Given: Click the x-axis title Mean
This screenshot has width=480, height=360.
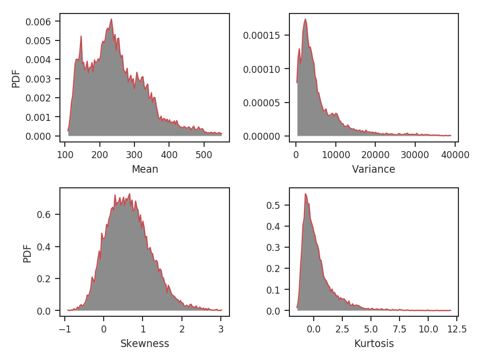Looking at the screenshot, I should pos(145,169).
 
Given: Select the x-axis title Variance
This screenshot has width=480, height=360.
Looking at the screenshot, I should pos(374,169).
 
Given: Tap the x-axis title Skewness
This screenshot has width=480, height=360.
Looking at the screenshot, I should pos(145,344).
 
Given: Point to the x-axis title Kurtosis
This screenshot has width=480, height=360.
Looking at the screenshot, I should pos(374,344).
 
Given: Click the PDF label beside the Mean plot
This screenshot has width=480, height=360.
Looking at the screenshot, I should pos(16,78).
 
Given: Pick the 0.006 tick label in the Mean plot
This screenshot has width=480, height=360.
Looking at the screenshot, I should pos(38,22).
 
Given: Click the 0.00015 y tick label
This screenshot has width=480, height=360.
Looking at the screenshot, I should pos(263,36).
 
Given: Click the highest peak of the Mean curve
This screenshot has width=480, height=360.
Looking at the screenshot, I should pos(111,19).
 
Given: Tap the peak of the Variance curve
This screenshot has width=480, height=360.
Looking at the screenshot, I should pos(306,19).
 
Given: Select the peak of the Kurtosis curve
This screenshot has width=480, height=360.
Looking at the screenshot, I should pos(306,194).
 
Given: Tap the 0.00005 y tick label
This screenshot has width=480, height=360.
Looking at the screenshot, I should pos(263,103).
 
